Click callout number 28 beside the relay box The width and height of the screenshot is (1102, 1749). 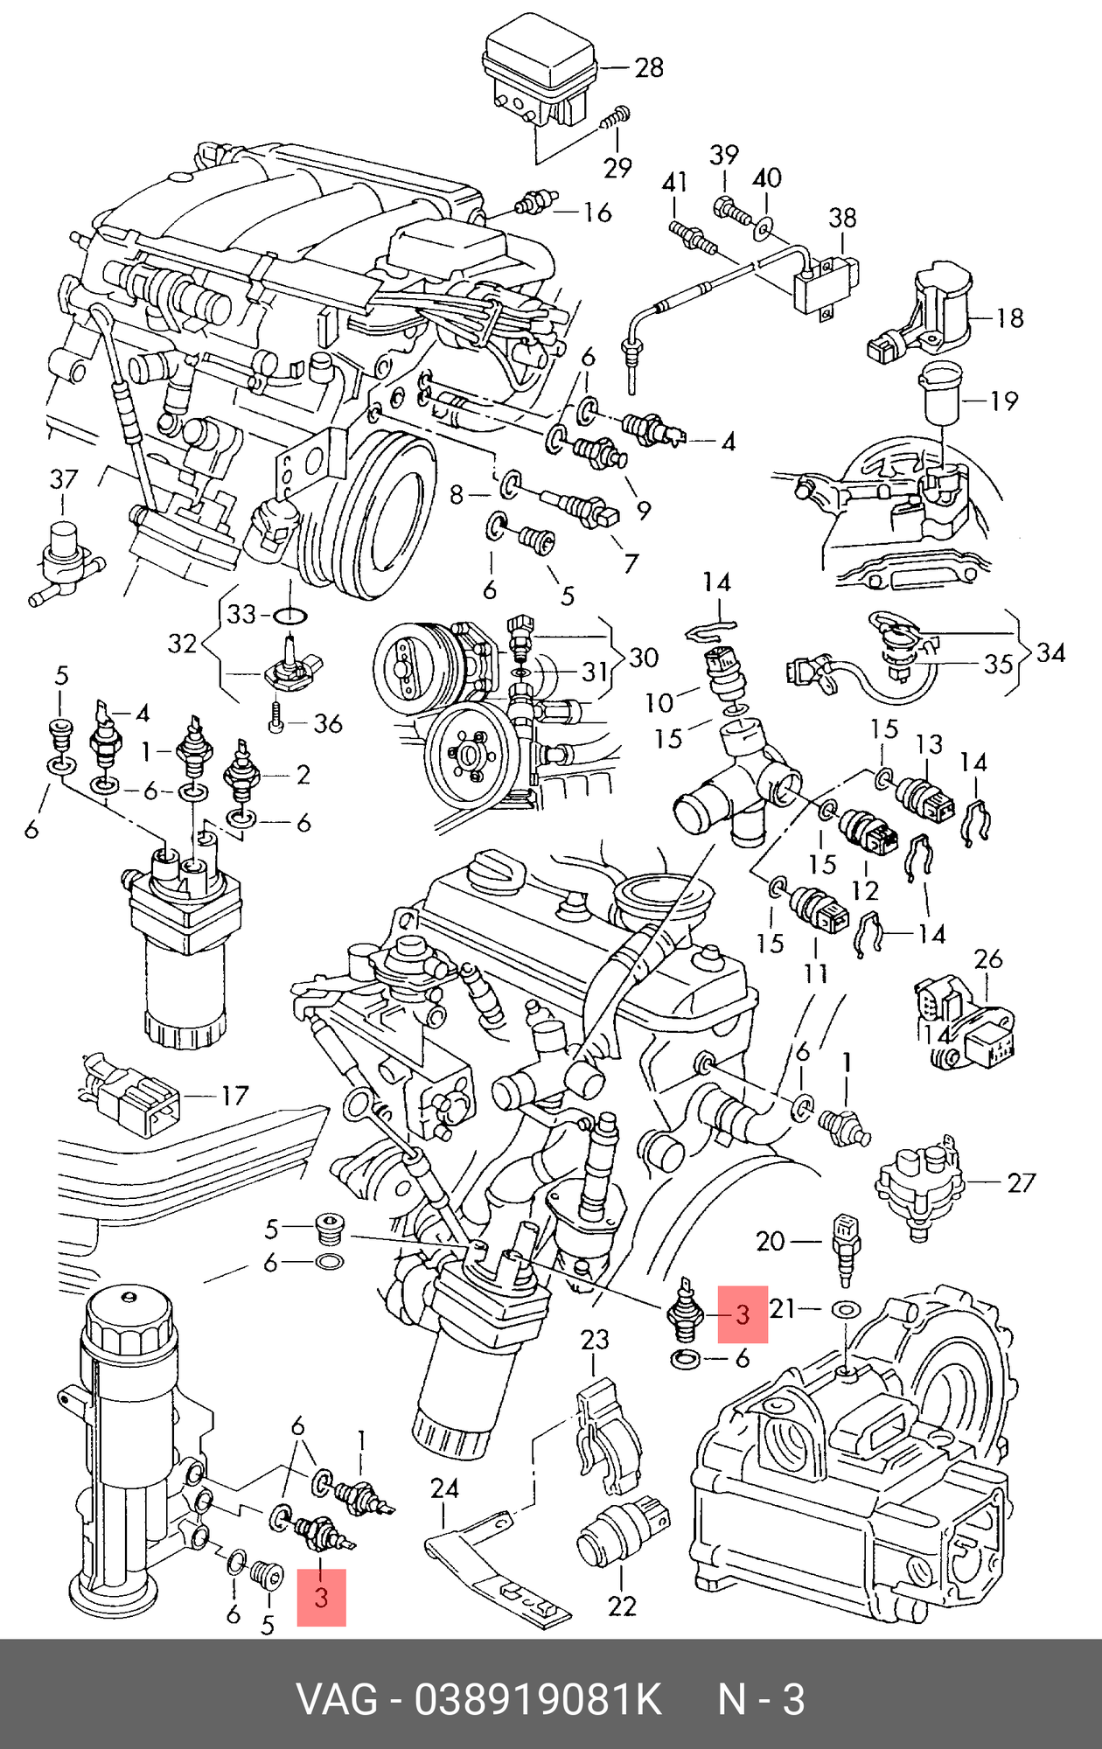click(649, 67)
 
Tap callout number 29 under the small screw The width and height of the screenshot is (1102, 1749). click(617, 167)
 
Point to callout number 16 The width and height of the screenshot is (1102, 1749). click(597, 213)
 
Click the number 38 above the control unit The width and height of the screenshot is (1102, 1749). click(842, 218)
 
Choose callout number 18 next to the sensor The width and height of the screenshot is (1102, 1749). click(1009, 317)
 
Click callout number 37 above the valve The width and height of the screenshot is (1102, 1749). click(64, 479)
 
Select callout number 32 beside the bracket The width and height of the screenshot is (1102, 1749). click(182, 644)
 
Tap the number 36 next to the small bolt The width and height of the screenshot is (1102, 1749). click(327, 724)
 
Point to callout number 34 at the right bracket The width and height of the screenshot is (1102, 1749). click(1050, 653)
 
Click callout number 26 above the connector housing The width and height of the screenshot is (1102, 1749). click(988, 959)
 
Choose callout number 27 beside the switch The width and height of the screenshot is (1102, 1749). click(1022, 1183)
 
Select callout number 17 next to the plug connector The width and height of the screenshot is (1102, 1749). click(234, 1095)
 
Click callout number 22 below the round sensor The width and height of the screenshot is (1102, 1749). click(622, 1606)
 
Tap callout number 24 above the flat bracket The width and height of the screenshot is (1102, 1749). click(444, 1488)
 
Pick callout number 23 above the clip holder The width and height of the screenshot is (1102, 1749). click(595, 1340)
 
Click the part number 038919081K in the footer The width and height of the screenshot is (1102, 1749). click(538, 1701)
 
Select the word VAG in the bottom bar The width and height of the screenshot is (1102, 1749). click(337, 1701)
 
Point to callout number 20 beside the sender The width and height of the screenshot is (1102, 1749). click(771, 1241)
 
